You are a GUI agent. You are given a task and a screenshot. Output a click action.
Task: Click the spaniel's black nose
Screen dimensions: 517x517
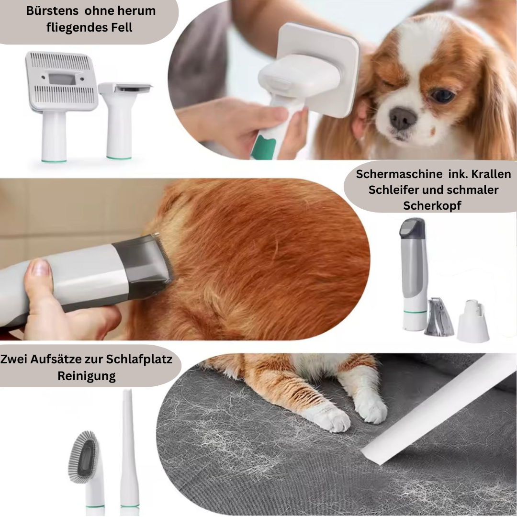point(403,118)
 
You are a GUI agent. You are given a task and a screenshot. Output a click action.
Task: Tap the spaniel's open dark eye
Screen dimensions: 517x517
point(443,95)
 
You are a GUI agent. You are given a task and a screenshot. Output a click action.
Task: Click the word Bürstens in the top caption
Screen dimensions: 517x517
point(52,11)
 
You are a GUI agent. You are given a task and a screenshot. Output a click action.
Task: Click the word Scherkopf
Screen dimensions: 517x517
point(432,206)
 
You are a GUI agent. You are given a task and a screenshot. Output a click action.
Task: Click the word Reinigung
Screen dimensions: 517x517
point(87,376)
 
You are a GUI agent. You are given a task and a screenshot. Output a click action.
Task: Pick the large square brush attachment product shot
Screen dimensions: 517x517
point(61,105)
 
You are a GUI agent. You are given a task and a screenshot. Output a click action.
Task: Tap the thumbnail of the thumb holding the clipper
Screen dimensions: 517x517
point(40,268)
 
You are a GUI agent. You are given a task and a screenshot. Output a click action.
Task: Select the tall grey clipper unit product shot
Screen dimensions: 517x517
point(414,274)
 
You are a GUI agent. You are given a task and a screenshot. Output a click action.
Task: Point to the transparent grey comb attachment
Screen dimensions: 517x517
point(439,316)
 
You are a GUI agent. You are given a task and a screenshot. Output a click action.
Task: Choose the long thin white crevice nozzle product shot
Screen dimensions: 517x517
point(129,452)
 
